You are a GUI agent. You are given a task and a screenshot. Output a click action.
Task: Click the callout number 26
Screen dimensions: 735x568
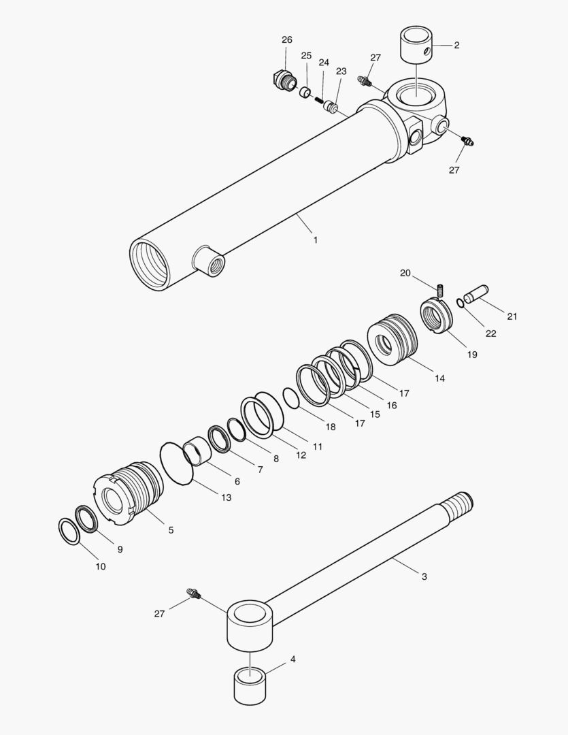pyautogui.click(x=287, y=40)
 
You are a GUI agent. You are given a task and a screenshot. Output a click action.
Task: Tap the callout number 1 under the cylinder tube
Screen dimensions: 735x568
pyautogui.click(x=315, y=240)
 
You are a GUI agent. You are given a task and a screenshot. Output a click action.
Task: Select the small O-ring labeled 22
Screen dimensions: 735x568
pyautogui.click(x=461, y=303)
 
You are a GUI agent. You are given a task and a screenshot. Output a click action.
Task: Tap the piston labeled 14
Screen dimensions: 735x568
pyautogui.click(x=391, y=340)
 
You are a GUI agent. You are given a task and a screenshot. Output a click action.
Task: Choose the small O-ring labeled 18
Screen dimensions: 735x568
pyautogui.click(x=290, y=399)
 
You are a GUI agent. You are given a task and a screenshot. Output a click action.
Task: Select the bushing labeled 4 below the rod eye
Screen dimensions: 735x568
pyautogui.click(x=249, y=686)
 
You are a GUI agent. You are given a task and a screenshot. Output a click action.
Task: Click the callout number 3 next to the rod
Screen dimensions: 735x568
pyautogui.click(x=424, y=576)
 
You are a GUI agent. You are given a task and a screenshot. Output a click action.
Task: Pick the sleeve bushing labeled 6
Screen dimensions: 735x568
pyautogui.click(x=196, y=451)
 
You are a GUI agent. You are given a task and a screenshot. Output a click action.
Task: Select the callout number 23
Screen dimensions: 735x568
pyautogui.click(x=341, y=71)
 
